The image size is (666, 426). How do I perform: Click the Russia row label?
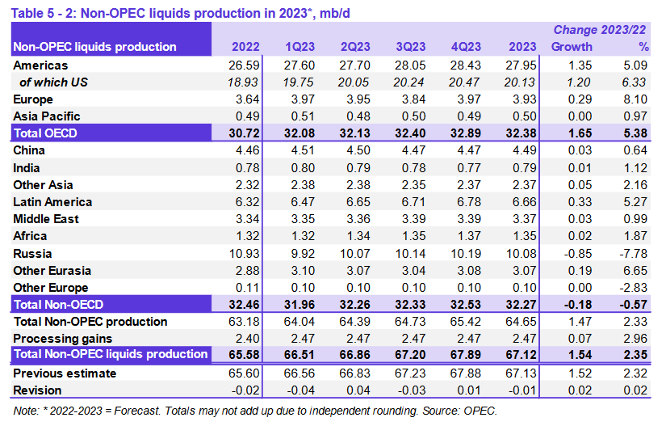[34, 253]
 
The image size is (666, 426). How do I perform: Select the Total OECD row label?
[46, 133]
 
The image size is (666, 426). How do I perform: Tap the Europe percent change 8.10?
[636, 99]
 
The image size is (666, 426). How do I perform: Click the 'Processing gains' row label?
[63, 338]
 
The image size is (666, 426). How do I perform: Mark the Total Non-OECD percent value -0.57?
[634, 304]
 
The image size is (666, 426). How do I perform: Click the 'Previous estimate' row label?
[65, 373]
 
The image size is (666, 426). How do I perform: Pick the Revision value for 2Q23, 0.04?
[358, 390]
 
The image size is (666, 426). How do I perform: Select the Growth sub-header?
[571, 47]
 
